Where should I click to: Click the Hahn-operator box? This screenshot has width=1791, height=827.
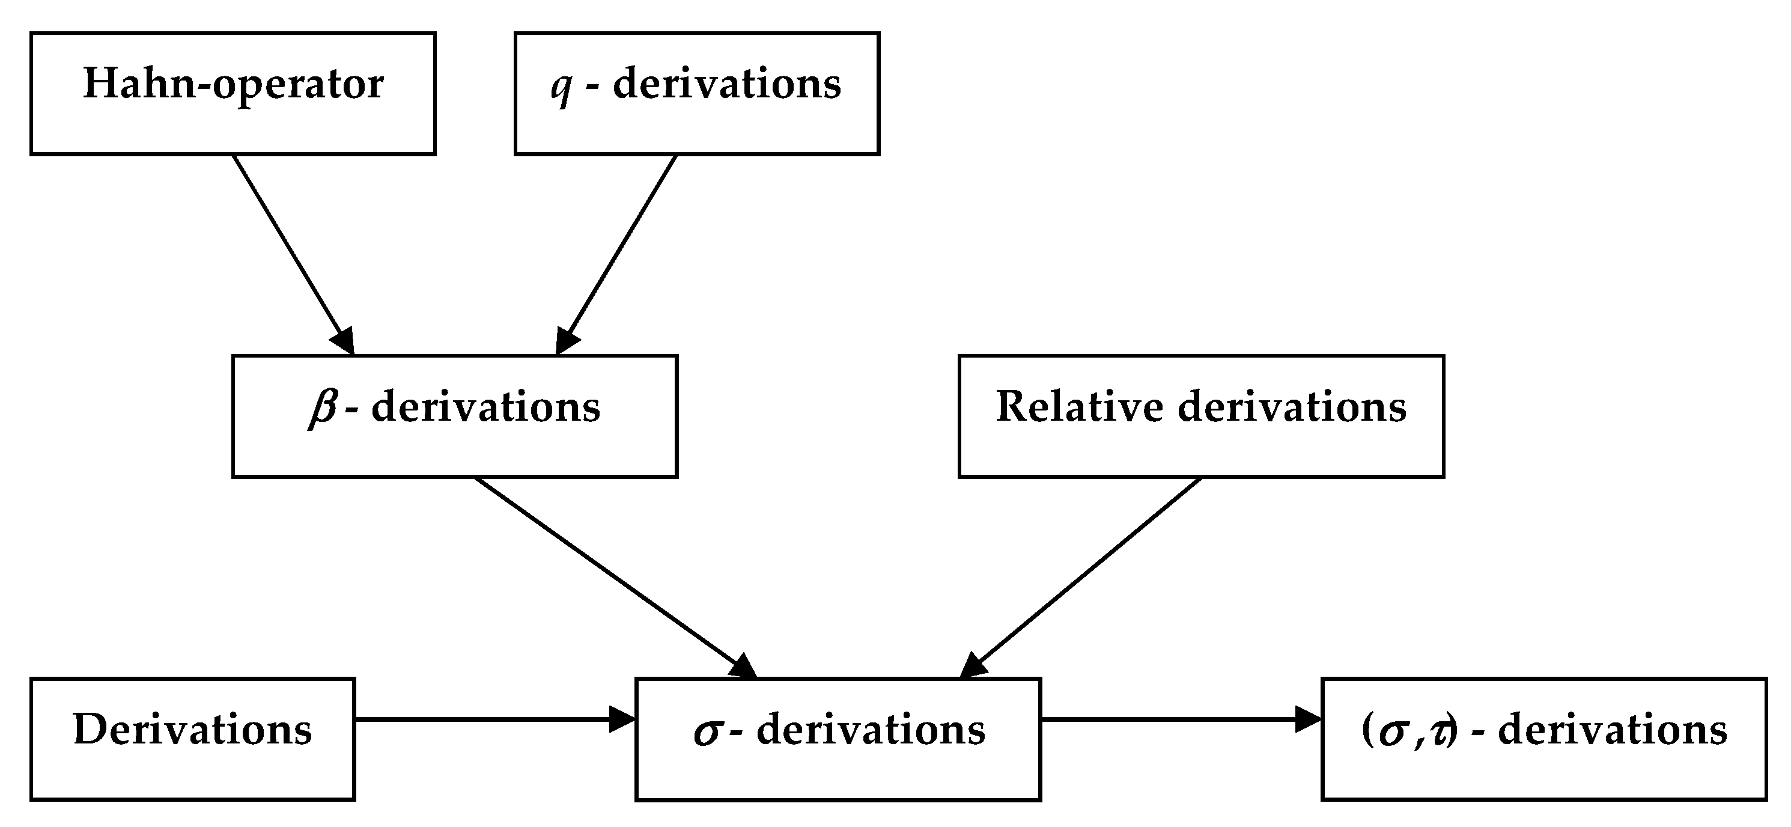(233, 93)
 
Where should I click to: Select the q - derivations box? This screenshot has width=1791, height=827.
(697, 93)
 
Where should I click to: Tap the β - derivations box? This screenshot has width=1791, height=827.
(455, 416)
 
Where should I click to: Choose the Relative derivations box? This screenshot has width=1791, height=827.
(1201, 416)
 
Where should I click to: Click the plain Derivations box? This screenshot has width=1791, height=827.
(193, 739)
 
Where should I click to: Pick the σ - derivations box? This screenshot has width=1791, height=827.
(838, 739)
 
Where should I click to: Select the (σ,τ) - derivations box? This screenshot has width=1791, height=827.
(1543, 739)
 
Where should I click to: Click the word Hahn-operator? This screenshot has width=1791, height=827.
(233, 84)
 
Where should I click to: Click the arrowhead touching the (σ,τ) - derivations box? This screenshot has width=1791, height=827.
(1307, 719)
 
